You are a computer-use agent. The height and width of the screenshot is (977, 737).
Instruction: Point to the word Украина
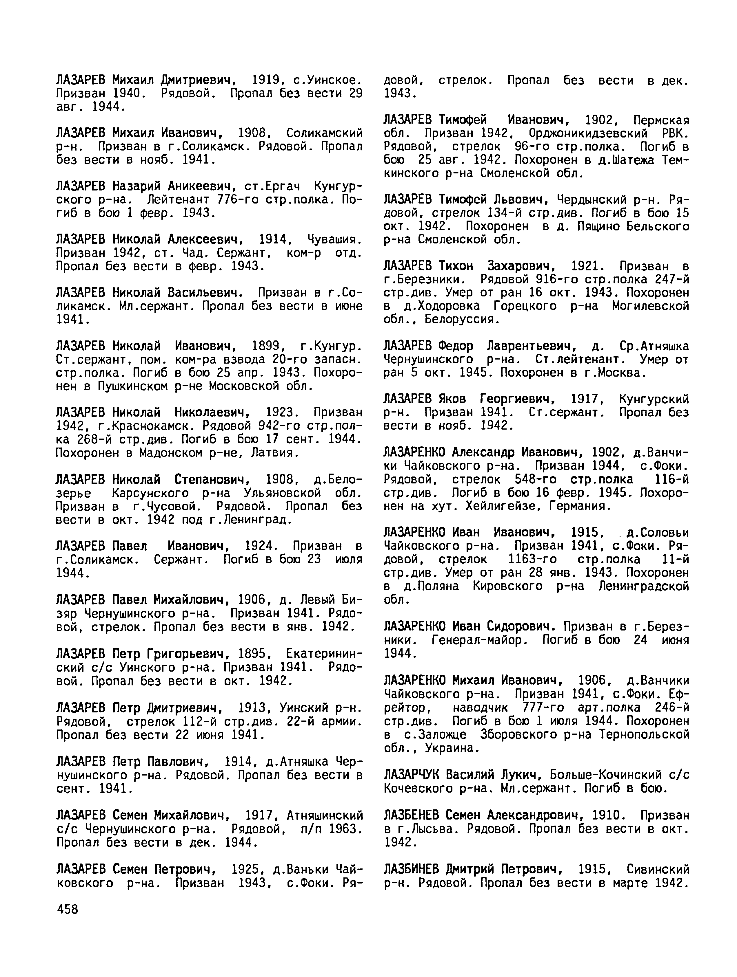tap(452, 748)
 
